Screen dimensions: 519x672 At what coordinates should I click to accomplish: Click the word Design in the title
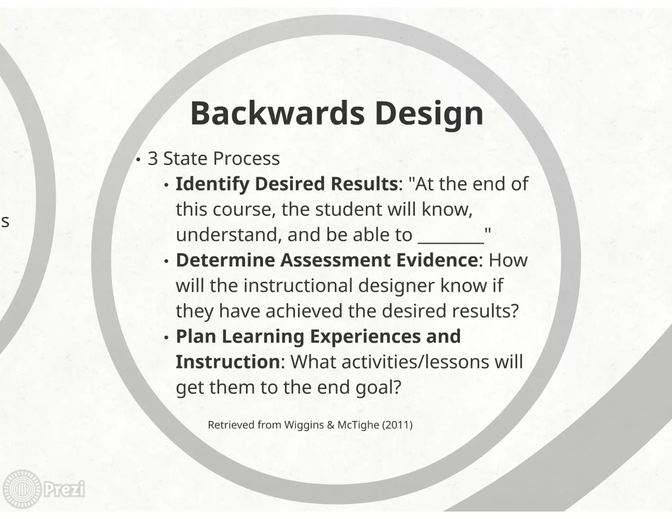click(x=429, y=114)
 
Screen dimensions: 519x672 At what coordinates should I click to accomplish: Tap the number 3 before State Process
click(x=153, y=158)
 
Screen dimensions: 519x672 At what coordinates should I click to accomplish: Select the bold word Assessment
click(x=335, y=260)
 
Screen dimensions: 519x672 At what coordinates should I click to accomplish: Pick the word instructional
click(x=298, y=285)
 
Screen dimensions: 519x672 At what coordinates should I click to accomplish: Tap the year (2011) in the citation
click(x=397, y=425)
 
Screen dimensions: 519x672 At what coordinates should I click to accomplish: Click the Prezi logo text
click(x=64, y=489)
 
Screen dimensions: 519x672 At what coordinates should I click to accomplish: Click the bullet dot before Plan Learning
click(x=167, y=337)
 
